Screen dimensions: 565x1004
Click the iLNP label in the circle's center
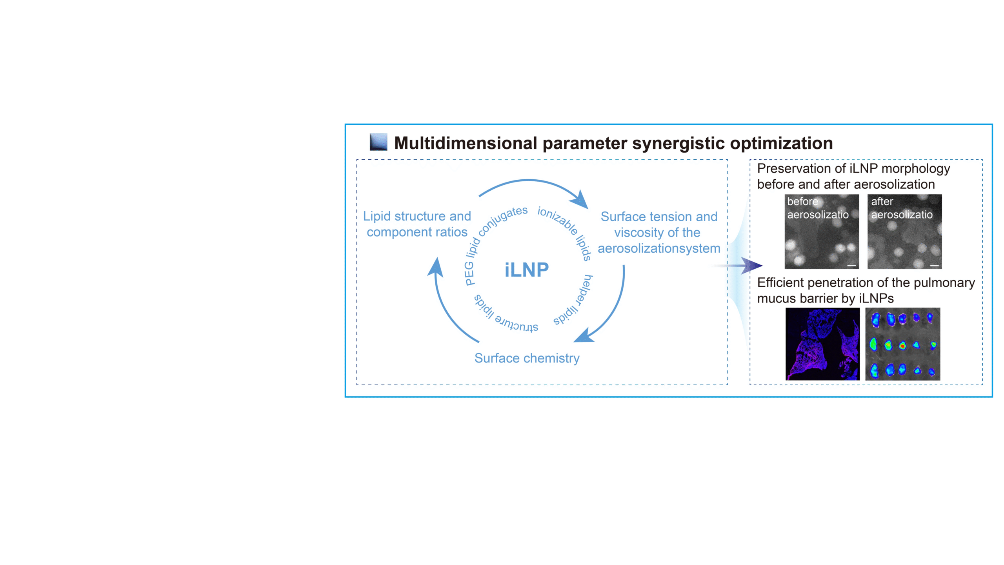[526, 270]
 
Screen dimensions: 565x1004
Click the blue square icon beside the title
[378, 142]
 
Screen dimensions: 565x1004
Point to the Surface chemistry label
[527, 358]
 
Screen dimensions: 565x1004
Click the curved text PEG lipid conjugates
[490, 235]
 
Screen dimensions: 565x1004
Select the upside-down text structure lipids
[504, 316]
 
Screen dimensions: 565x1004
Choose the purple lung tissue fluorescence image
[822, 344]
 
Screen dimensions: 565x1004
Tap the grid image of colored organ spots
[902, 344]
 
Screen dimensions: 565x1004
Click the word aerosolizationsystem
[659, 248]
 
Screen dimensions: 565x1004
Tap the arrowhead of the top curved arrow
[580, 200]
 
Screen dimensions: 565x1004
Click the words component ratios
[417, 232]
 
